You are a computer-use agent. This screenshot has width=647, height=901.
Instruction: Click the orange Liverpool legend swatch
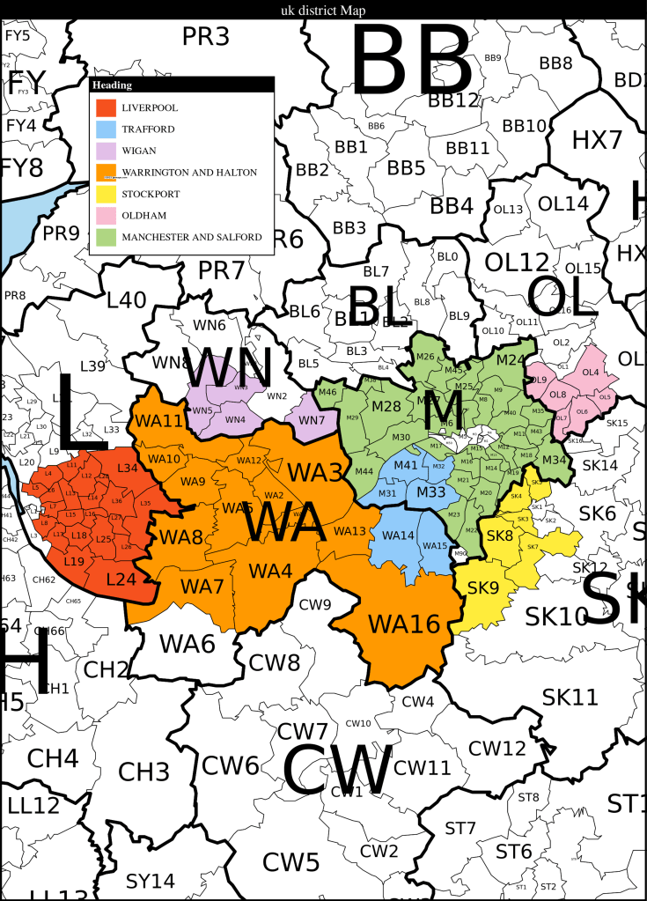point(107,107)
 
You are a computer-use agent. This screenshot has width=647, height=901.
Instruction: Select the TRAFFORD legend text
point(148,129)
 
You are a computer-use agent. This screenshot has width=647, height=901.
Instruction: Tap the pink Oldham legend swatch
point(107,215)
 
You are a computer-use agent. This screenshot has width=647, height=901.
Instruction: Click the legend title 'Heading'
point(113,85)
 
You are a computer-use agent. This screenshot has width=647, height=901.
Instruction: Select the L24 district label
point(121,580)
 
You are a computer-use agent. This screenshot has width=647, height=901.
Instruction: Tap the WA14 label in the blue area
point(397,535)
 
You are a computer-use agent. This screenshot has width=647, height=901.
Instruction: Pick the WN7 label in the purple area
point(311,420)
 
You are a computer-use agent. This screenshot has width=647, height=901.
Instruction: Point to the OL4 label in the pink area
point(591,373)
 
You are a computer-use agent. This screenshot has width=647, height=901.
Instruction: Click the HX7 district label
point(597,139)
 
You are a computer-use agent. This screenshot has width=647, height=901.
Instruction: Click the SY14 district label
point(151,881)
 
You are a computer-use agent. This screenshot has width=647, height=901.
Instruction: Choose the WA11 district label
point(159,421)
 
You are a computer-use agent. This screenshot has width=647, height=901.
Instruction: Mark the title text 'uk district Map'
point(323,10)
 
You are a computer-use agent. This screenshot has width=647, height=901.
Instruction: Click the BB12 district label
point(453,100)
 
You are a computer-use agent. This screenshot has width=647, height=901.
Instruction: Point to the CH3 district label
point(143,773)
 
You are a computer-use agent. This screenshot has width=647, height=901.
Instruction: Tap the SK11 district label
point(570,698)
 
